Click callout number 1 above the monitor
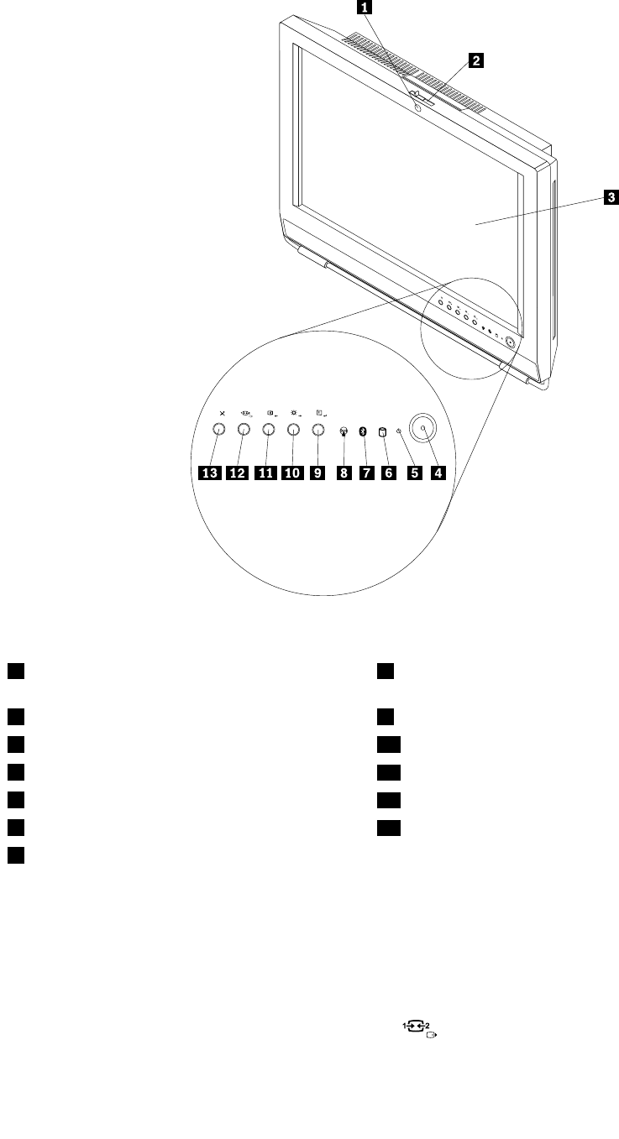[x=364, y=8]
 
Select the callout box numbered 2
[x=476, y=60]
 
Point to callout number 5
[x=413, y=473]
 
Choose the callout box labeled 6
[x=388, y=473]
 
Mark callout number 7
[x=365, y=473]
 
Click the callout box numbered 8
[x=343, y=473]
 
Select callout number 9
[x=317, y=473]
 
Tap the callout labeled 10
[x=292, y=473]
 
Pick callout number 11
[x=266, y=473]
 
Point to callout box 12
[x=238, y=473]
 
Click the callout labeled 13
[x=209, y=473]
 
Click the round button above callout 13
[x=218, y=430]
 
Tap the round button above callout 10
[x=293, y=430]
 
